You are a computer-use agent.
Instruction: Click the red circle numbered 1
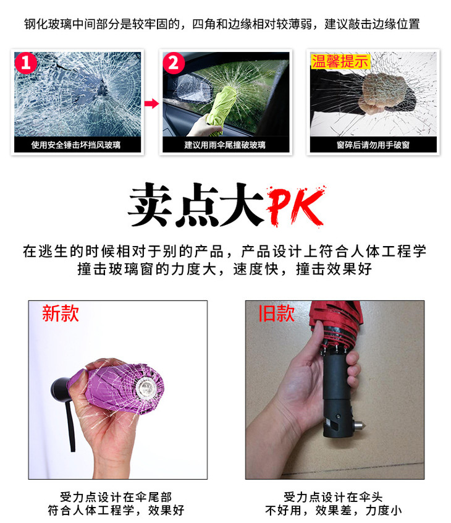tap(26, 63)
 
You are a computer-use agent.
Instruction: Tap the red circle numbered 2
tap(174, 63)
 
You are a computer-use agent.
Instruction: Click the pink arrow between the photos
tap(151, 103)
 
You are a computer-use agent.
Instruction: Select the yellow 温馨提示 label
tap(340, 61)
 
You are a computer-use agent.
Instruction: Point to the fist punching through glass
tap(383, 93)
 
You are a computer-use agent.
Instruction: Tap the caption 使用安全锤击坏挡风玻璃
tap(75, 145)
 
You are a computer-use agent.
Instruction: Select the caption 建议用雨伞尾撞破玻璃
tap(225, 145)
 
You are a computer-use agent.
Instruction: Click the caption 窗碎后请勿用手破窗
tap(373, 145)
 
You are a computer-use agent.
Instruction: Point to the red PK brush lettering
tap(295, 206)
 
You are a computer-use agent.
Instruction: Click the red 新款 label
tap(61, 313)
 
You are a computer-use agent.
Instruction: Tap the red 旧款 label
tap(277, 313)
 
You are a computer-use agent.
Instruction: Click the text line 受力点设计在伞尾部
tap(116, 497)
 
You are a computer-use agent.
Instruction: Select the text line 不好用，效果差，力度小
tap(334, 510)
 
